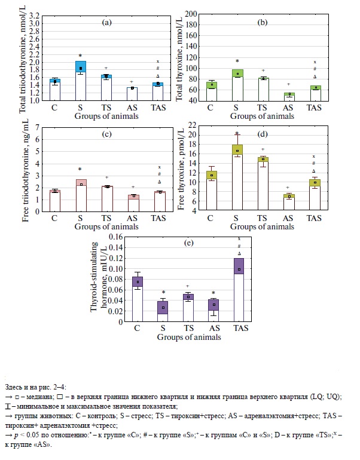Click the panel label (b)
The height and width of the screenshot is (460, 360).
[x=262, y=22]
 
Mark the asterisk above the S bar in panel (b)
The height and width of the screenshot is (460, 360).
[x=237, y=61]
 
